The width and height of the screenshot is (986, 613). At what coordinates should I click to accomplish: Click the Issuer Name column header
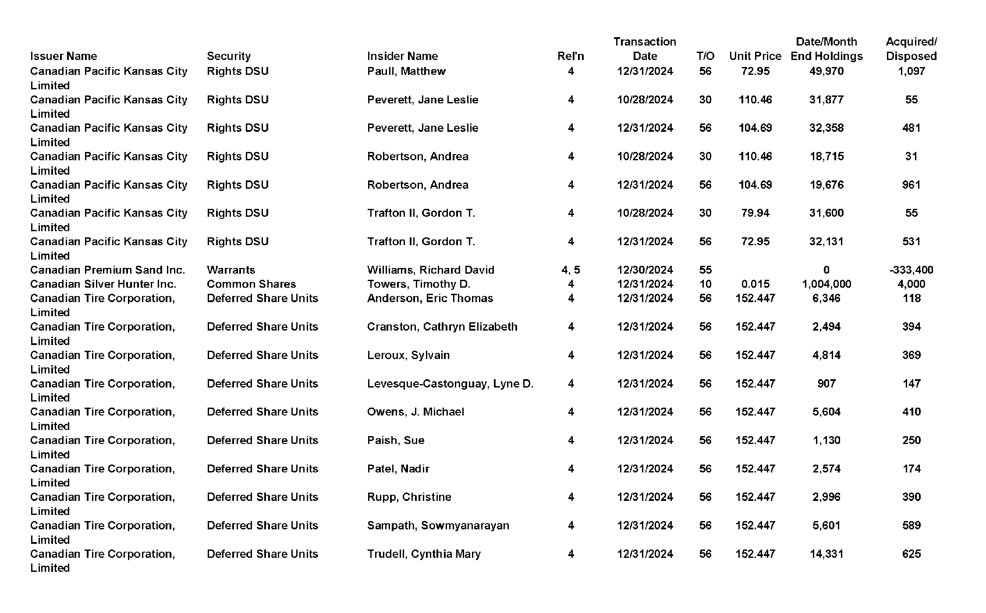64,56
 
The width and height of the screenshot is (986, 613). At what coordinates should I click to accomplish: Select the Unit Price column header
755,56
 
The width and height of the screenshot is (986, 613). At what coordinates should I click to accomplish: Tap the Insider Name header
402,56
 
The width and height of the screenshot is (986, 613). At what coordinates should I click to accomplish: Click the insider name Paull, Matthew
406,71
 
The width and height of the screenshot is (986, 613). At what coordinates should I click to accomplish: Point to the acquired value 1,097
911,71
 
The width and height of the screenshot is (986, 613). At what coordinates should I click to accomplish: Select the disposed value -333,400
911,270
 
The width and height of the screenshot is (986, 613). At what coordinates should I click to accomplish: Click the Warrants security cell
231,270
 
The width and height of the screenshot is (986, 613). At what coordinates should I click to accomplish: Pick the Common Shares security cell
251,284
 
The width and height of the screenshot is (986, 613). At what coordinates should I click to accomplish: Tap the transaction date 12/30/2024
645,270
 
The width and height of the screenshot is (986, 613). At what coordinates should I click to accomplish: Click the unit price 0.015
755,284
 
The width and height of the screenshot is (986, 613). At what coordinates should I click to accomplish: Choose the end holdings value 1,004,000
826,284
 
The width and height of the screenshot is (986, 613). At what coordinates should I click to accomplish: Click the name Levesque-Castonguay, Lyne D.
450,384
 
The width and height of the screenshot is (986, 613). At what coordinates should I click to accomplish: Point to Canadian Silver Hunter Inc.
103,284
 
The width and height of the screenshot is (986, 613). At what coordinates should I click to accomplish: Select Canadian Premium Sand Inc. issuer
107,270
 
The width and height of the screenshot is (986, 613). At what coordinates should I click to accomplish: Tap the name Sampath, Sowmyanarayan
438,525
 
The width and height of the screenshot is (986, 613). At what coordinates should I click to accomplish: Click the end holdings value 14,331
826,554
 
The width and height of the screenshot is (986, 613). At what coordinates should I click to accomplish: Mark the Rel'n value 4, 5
571,270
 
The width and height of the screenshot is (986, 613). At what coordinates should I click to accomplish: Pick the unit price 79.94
755,213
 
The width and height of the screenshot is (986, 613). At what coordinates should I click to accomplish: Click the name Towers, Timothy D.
419,284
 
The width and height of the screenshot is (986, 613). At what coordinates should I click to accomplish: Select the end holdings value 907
826,384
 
